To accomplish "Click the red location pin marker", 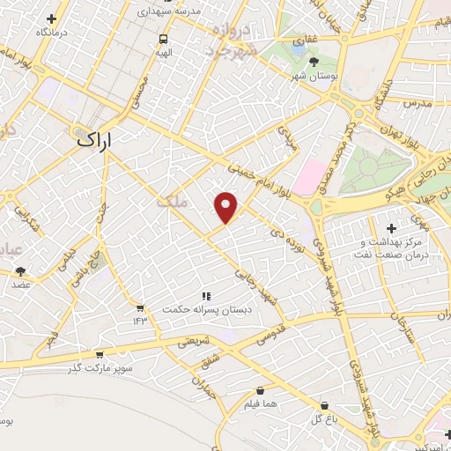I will [x=226, y=207].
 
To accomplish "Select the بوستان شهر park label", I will [x=315, y=76].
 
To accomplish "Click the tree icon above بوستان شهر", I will [x=315, y=62].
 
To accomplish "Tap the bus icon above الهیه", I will [x=164, y=39].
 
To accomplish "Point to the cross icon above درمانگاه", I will [x=51, y=18].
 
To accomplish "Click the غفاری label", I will [x=305, y=40].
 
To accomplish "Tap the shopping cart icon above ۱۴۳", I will [x=139, y=307].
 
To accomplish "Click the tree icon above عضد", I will [x=20, y=272].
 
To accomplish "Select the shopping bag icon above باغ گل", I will [x=324, y=406].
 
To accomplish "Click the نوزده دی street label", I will [x=302, y=234].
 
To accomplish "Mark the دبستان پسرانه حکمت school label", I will [x=204, y=309].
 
